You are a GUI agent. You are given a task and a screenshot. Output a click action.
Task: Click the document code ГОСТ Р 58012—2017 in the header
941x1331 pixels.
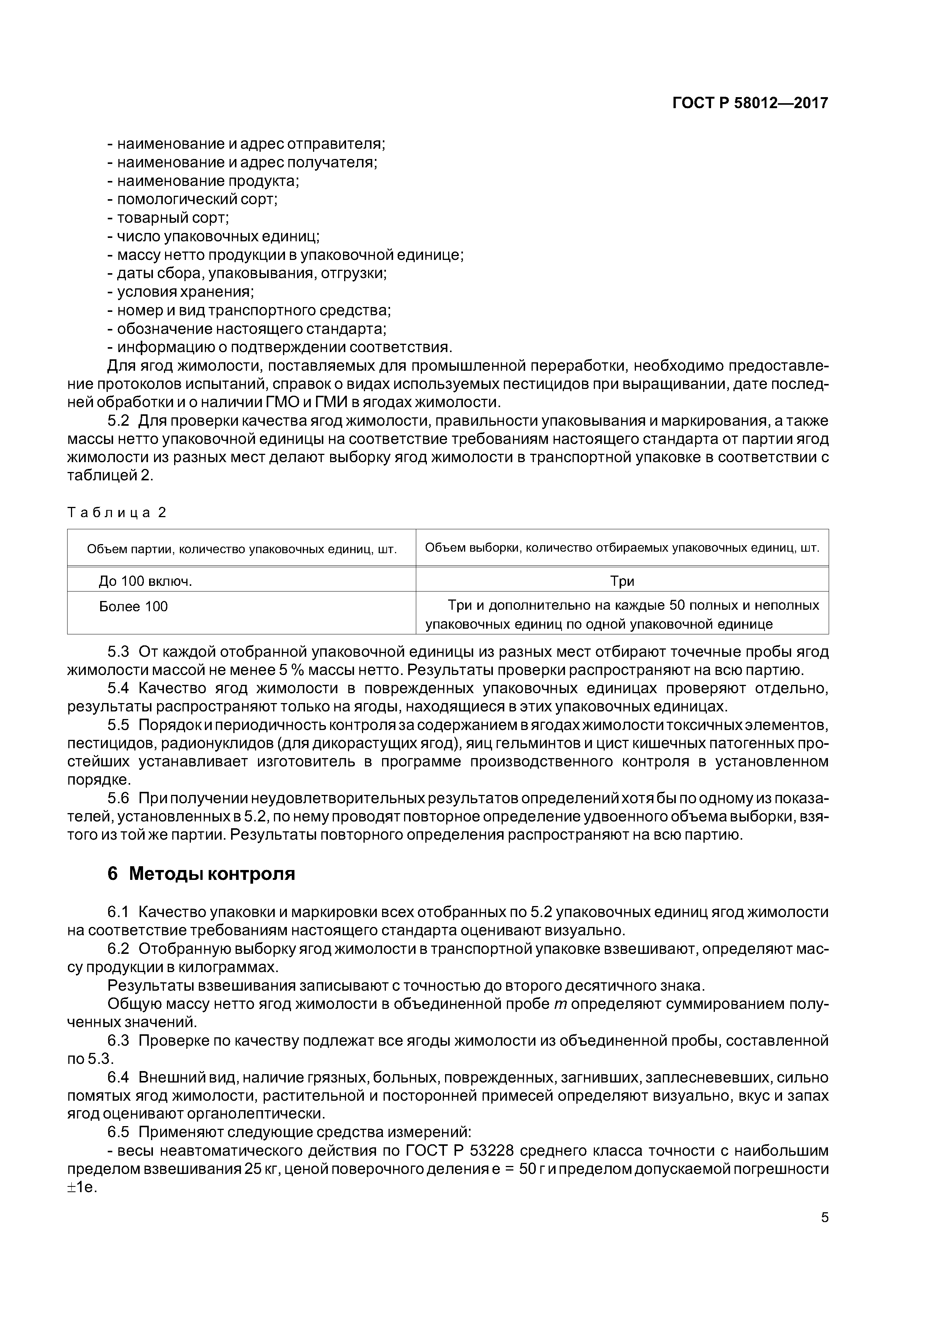pos(750,103)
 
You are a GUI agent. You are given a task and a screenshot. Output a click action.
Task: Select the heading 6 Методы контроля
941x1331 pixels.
pos(201,874)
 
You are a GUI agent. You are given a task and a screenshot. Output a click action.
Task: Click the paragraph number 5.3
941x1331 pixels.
pos(118,652)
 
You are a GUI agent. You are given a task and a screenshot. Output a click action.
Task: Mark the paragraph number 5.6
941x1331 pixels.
pos(118,798)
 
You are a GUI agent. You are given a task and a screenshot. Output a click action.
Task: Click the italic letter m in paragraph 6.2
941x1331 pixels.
pos(560,1004)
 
